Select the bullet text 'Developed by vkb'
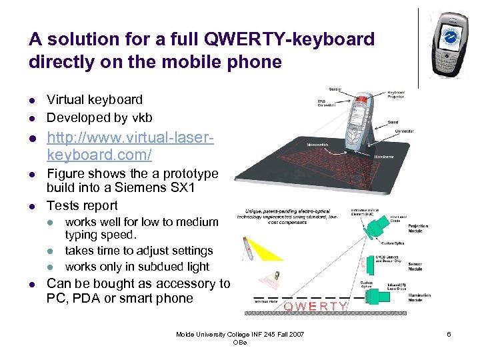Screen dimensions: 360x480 (99, 117)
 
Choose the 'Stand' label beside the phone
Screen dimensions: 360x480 (393, 122)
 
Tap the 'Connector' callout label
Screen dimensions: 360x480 (405, 132)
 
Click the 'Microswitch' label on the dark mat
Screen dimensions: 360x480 (317, 144)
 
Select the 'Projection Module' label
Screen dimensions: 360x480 (419, 228)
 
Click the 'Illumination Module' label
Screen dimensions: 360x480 (419, 298)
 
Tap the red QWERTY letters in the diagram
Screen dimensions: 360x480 (315, 306)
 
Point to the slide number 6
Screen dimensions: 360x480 (449, 334)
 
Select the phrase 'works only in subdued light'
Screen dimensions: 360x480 (137, 267)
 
